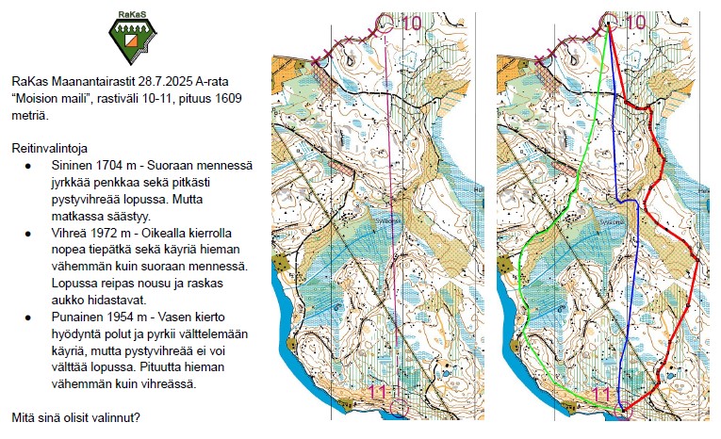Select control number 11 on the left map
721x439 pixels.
tap(379, 393)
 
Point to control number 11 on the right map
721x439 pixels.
tap(604, 393)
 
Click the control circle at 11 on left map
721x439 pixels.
tap(399, 407)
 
